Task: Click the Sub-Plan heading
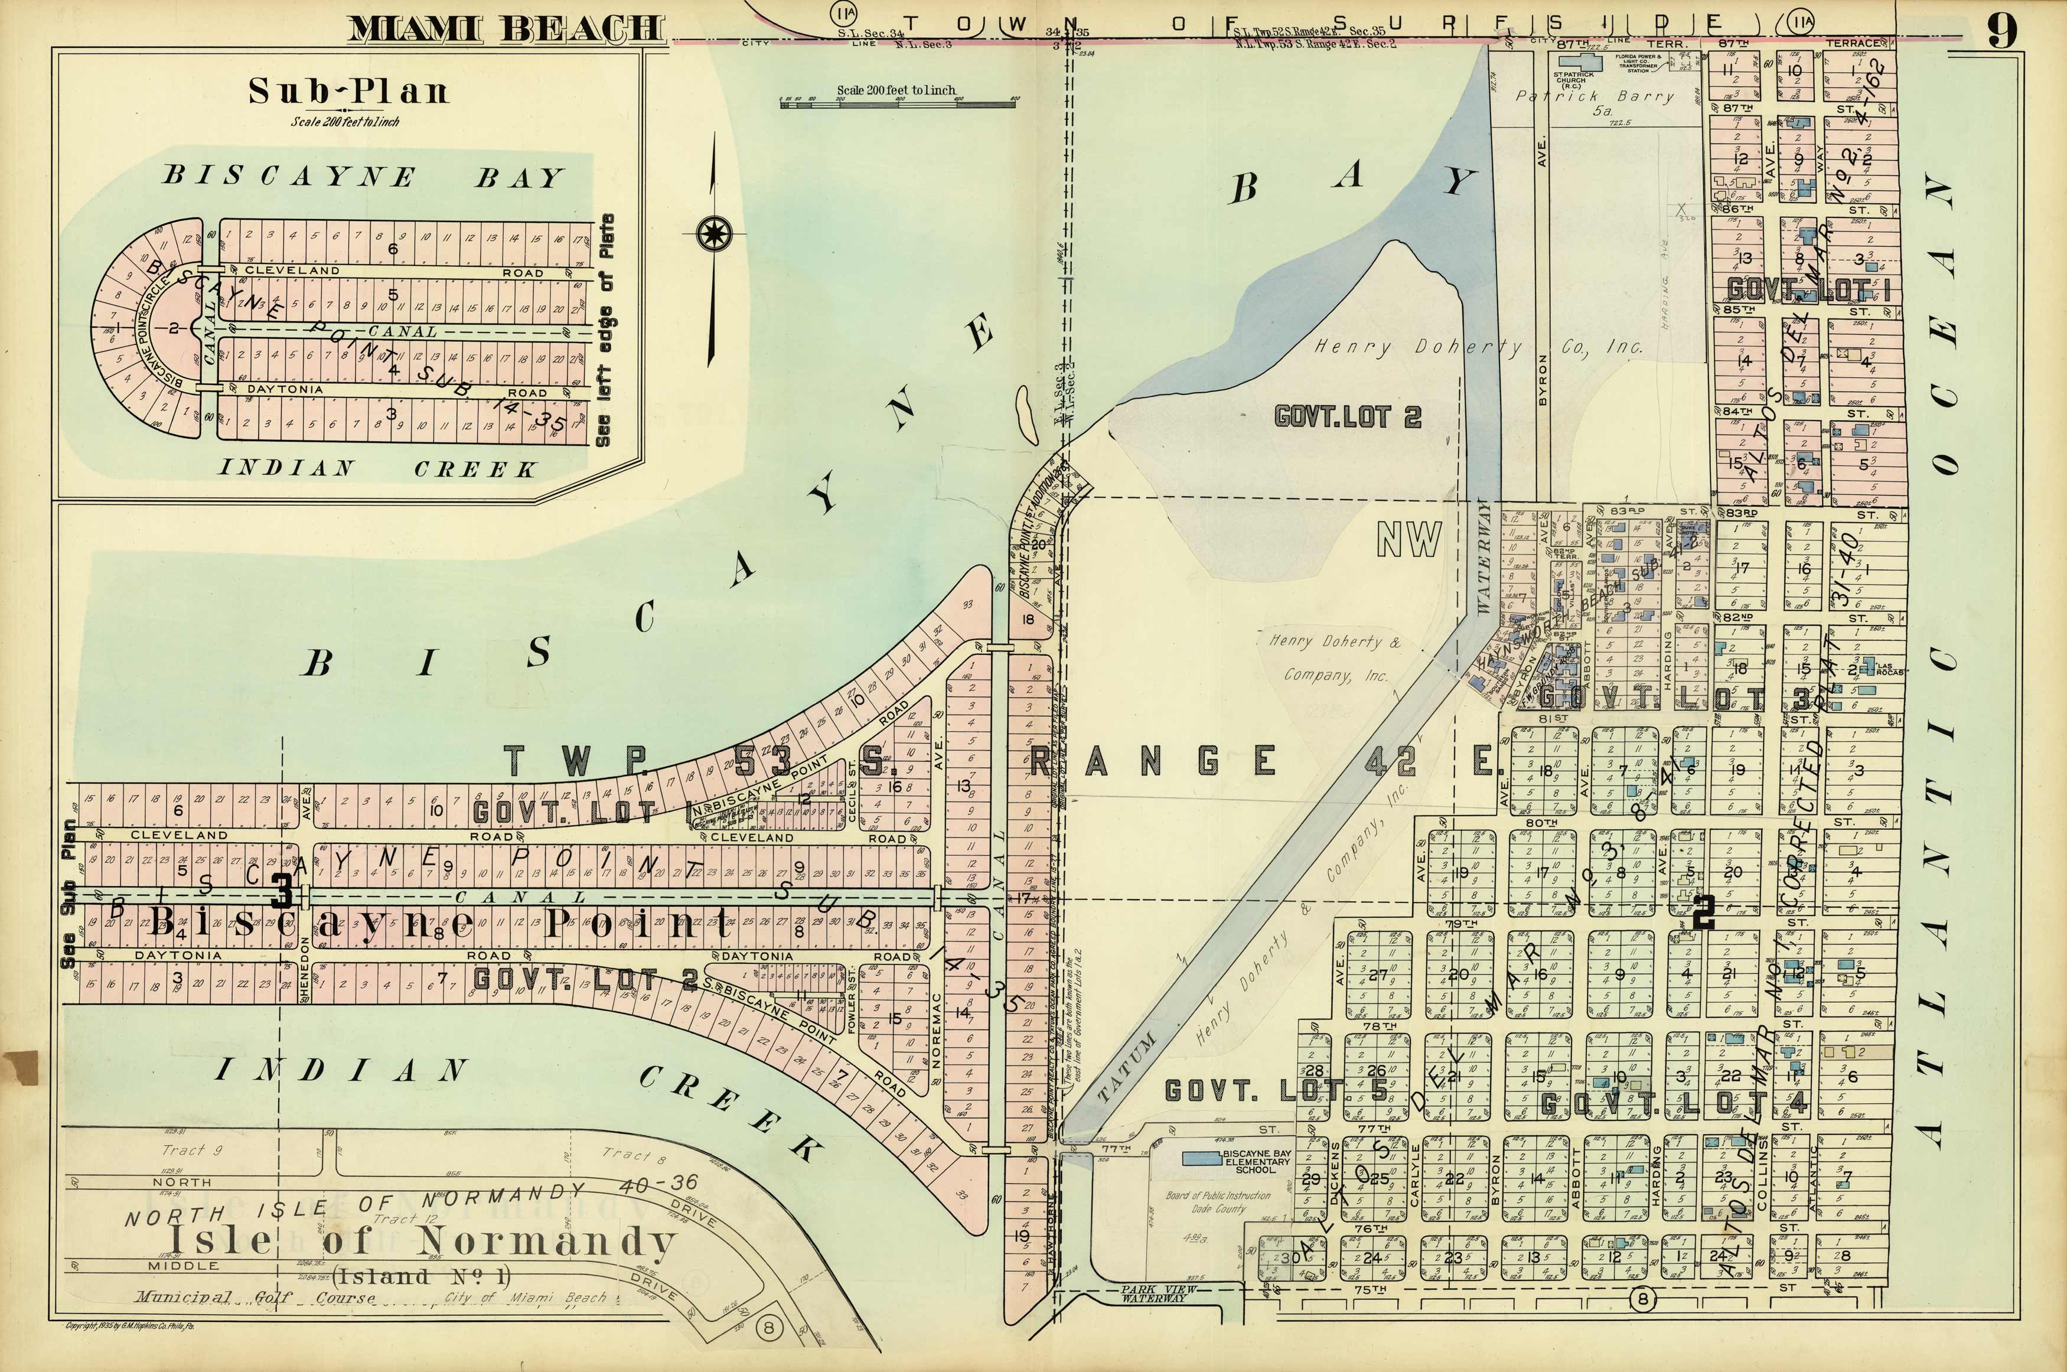[x=348, y=91]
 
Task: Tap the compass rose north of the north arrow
[x=720, y=234]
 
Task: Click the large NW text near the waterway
[x=1409, y=540]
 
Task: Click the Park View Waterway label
[x=1153, y=1294]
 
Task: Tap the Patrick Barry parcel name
[x=1594, y=98]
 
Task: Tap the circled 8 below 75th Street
[x=1643, y=1299]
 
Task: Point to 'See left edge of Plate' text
[x=604, y=331]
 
